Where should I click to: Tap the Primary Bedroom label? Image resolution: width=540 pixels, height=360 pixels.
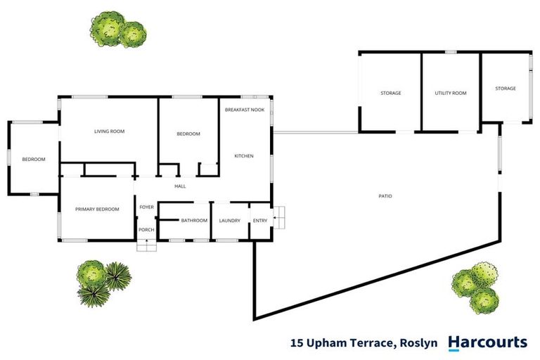click(x=97, y=209)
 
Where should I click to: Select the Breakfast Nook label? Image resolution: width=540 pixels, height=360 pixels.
click(x=245, y=110)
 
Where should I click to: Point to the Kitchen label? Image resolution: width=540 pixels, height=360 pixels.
click(x=244, y=155)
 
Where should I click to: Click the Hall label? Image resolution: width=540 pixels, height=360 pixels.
click(x=180, y=186)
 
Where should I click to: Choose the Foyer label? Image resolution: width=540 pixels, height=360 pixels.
click(x=146, y=207)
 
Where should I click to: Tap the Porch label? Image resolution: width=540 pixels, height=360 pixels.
click(x=146, y=230)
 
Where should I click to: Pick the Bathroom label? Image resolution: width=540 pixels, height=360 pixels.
click(x=194, y=221)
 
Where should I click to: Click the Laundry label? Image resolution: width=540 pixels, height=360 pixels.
click(x=230, y=221)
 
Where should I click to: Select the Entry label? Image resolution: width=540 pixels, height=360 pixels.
click(x=260, y=221)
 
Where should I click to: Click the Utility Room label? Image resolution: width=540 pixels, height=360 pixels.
click(x=451, y=93)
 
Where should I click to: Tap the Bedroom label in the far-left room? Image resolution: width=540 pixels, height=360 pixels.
click(x=34, y=160)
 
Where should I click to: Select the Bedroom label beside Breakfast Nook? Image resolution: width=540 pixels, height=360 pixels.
click(x=188, y=134)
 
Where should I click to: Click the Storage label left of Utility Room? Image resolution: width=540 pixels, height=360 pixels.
click(x=390, y=93)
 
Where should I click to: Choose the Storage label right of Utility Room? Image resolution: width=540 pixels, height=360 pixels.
click(x=505, y=89)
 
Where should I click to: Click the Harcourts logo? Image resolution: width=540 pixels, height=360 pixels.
click(x=487, y=342)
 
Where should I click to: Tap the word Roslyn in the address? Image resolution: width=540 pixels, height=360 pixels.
click(x=418, y=344)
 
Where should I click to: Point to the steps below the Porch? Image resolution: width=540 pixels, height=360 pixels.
click(x=146, y=245)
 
